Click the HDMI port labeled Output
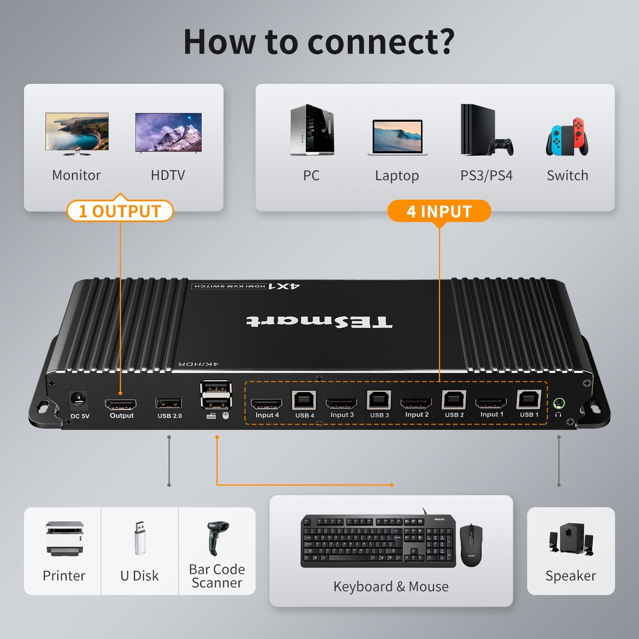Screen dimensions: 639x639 tap(120, 404)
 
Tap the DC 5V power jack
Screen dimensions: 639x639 tap(78, 399)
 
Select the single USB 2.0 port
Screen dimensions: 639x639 tap(169, 403)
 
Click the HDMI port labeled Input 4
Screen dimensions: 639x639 tap(266, 404)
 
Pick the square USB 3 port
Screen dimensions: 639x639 tap(379, 400)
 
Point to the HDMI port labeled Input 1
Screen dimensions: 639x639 tap(490, 403)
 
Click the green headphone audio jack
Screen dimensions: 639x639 tap(559, 403)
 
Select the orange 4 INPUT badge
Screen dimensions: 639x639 tap(439, 211)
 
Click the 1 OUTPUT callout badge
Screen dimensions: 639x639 tap(120, 211)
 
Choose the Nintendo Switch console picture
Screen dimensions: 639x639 tap(567, 137)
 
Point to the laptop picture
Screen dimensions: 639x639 tap(397, 137)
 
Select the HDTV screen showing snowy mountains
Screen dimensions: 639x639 tap(168, 132)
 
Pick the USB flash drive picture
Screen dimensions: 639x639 tap(139, 538)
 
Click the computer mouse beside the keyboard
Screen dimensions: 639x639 tap(471, 545)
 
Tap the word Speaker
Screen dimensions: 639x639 tap(570, 575)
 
